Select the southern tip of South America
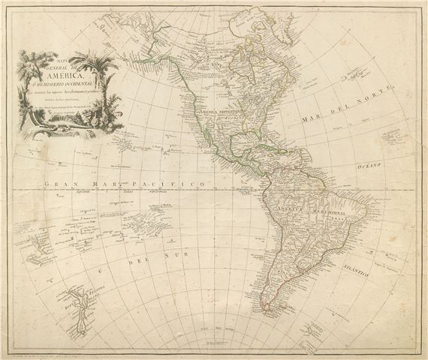click(x=264, y=309)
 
